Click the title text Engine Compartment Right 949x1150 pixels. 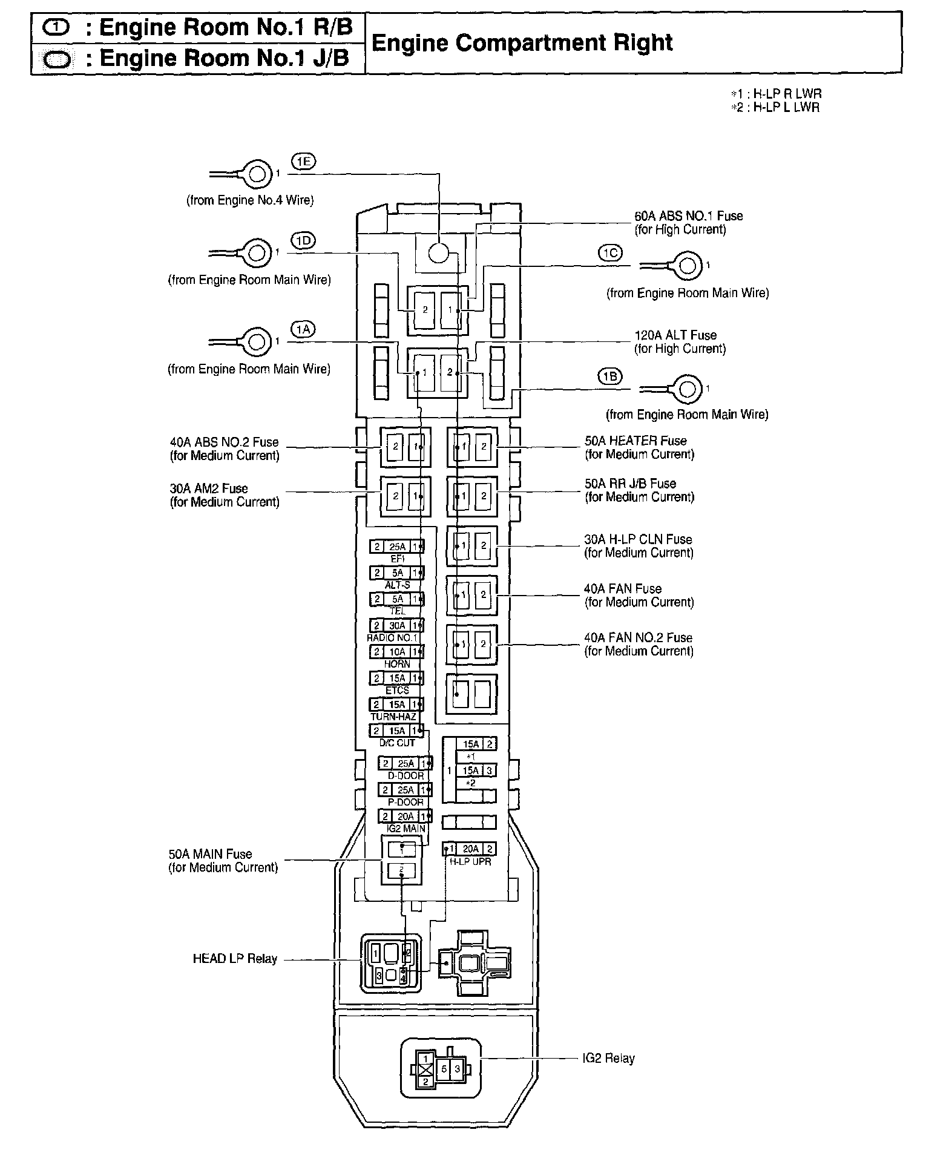(x=521, y=43)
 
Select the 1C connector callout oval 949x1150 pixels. (x=610, y=252)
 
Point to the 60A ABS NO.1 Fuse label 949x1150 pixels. (x=688, y=216)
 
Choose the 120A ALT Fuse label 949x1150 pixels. (x=675, y=335)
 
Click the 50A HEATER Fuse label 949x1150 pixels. (x=635, y=441)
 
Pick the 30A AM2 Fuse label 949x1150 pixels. (x=209, y=488)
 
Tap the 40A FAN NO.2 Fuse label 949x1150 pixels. (x=638, y=637)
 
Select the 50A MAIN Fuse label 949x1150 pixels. (x=210, y=854)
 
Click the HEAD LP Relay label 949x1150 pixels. (x=234, y=959)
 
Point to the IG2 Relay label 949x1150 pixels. (x=608, y=1059)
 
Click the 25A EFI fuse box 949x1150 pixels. (x=397, y=547)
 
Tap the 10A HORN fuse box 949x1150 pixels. (x=397, y=652)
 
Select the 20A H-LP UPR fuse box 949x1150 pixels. (x=470, y=849)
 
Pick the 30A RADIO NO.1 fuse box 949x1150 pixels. (x=397, y=625)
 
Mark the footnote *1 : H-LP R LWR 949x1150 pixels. (x=776, y=94)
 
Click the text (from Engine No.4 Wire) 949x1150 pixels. (x=249, y=200)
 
